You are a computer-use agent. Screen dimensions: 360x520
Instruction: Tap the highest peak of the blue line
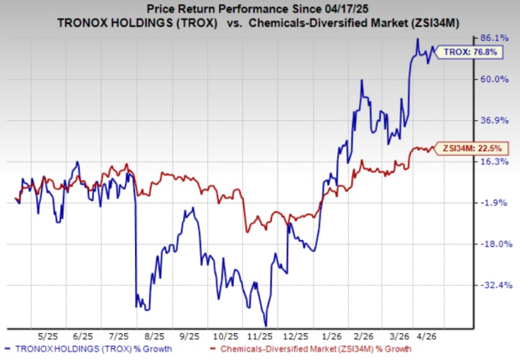click(x=418, y=39)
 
